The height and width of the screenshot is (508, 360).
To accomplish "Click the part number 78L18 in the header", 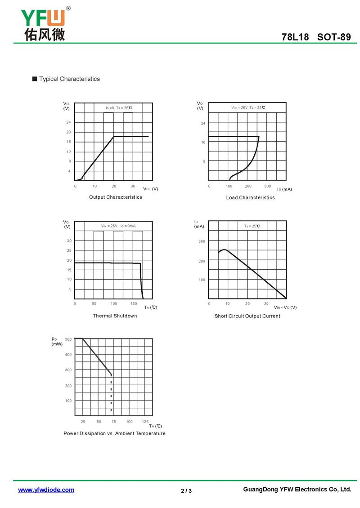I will (x=295, y=37).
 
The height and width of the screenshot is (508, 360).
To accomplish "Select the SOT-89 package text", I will (x=334, y=37).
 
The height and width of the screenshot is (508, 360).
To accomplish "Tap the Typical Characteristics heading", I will (x=69, y=79).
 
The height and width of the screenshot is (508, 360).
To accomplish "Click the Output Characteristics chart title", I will (x=116, y=197).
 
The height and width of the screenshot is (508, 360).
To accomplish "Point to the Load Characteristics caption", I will (x=250, y=198).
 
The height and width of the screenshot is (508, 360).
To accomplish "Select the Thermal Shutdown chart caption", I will (x=115, y=316).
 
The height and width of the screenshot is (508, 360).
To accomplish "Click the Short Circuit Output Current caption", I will (x=247, y=316).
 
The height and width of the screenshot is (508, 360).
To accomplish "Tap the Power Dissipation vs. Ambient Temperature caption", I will (x=115, y=434).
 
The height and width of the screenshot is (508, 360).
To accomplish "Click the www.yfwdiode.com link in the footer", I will (x=46, y=490).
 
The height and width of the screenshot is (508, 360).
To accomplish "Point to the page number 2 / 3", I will (x=186, y=490).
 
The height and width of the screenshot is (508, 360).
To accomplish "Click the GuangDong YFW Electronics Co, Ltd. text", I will (x=297, y=490).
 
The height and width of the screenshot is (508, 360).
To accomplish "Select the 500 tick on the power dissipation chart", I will (x=68, y=339).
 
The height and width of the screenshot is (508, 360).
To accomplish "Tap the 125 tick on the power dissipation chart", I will (x=145, y=421).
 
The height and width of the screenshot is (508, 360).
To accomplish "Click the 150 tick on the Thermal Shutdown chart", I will (x=134, y=304).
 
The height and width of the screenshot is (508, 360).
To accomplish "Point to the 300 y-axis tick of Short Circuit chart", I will (x=202, y=241).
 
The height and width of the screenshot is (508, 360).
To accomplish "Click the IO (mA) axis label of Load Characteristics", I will (x=284, y=190).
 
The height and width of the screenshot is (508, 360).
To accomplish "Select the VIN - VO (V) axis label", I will (x=285, y=307).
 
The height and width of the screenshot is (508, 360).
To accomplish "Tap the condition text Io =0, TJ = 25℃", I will (x=119, y=108).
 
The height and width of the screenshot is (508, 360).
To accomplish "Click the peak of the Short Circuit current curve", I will (x=224, y=250).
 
